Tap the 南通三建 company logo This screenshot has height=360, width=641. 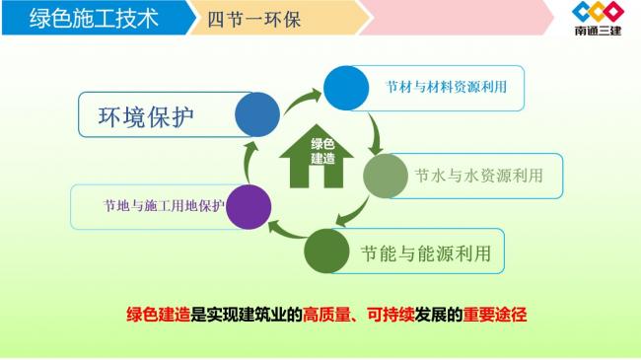(598, 19)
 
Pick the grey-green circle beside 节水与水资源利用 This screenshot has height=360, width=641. (386, 176)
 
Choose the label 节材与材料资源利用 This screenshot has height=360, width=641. (447, 88)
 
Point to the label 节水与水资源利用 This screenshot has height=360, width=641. (478, 177)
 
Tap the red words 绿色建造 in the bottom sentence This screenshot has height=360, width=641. (158, 316)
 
